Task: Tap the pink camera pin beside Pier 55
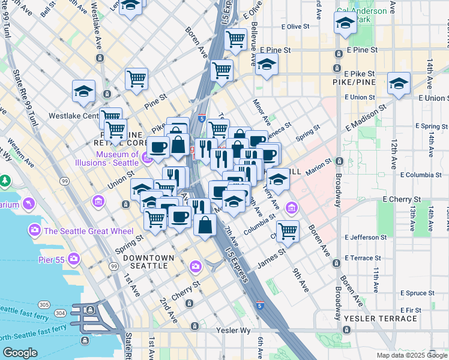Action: point(74,259)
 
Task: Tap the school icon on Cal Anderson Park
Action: point(345,23)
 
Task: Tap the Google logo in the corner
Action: point(20,353)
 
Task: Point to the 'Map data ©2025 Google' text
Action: point(411,355)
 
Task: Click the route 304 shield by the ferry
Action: point(60,313)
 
